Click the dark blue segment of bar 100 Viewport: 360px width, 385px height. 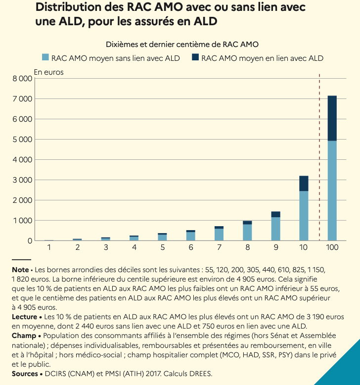pos(332,118)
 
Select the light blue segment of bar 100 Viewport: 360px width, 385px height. pos(332,191)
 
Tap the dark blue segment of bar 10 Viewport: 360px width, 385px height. pos(304,183)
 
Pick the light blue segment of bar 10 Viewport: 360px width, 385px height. pos(304,216)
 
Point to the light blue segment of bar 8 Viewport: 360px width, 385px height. pos(247,233)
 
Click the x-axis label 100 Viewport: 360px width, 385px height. pos(332,247)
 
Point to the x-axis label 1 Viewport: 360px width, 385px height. pos(49,247)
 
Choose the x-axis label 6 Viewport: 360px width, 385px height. pos(191,247)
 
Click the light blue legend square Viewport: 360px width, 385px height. pos(46,58)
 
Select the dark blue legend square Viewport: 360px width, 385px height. pos(195,58)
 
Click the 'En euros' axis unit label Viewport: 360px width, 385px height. pos(48,72)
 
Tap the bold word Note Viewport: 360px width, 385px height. pos(20,270)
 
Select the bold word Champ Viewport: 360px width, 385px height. pos(23,335)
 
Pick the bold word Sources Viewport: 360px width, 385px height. pos(25,374)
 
